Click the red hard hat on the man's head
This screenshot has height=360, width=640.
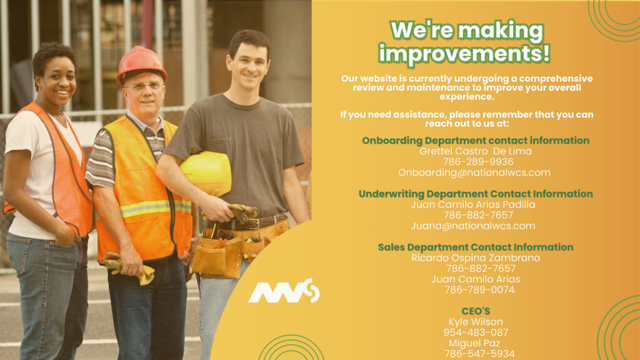tap(141, 64)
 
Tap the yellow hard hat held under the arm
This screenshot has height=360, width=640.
tap(206, 173)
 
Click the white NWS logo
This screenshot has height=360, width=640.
tap(284, 291)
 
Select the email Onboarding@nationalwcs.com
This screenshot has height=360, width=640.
tap(474, 172)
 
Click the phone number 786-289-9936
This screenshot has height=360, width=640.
tap(478, 162)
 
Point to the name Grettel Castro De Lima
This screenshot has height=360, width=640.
tap(476, 151)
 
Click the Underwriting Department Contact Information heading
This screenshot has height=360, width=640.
tap(476, 194)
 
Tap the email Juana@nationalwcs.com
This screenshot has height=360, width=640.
tap(473, 226)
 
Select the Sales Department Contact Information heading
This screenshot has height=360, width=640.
tap(476, 247)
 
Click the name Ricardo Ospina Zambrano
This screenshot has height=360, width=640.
tap(476, 258)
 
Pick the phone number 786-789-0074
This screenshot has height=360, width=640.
tap(479, 290)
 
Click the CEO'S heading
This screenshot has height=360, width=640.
tap(476, 311)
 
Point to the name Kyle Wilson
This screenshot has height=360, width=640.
tap(476, 322)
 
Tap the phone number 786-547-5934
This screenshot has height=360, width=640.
tap(479, 354)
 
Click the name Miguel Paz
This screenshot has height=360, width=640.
tap(474, 343)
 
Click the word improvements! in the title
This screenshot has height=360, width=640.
tap(464, 54)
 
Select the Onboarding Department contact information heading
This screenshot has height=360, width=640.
tap(476, 141)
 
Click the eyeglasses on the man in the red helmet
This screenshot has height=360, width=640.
tap(145, 86)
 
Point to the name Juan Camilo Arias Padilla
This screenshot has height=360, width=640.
tap(473, 204)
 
